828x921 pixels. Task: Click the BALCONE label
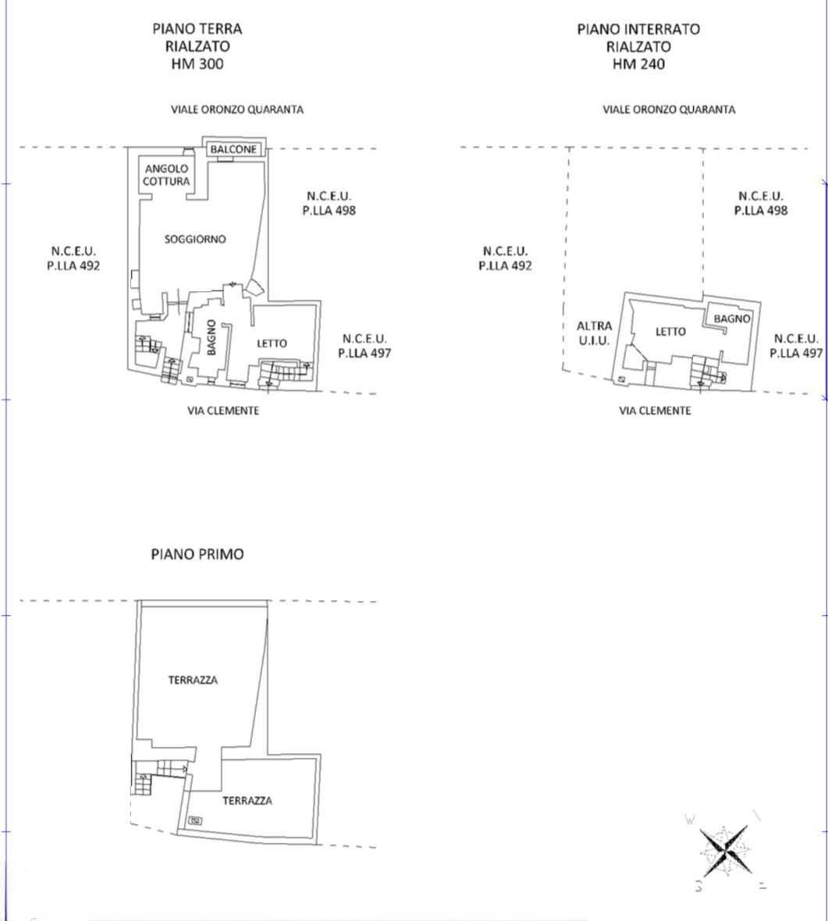click(x=233, y=149)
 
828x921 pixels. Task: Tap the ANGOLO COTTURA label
click(x=166, y=175)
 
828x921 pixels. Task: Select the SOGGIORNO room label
click(x=195, y=239)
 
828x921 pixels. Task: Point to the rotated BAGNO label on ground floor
click(x=211, y=337)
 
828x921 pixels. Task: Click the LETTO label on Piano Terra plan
click(x=272, y=343)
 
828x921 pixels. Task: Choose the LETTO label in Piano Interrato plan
click(x=670, y=332)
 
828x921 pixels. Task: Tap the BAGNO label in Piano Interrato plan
click(x=732, y=318)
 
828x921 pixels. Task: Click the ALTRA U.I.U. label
click(x=594, y=333)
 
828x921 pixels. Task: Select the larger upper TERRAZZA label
click(x=193, y=680)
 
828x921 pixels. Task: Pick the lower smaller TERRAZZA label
click(x=247, y=801)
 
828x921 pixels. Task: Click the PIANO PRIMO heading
click(x=197, y=554)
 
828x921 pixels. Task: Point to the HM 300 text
click(x=197, y=63)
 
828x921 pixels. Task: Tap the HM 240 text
click(x=638, y=63)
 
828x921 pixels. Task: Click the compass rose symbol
click(x=727, y=850)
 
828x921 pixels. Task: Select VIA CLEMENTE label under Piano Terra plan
click(x=223, y=411)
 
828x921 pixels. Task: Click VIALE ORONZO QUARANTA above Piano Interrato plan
click(x=669, y=109)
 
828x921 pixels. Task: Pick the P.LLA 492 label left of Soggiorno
click(x=73, y=265)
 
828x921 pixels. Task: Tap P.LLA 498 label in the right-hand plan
click(x=760, y=210)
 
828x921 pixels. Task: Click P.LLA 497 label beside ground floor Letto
click(x=364, y=353)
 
